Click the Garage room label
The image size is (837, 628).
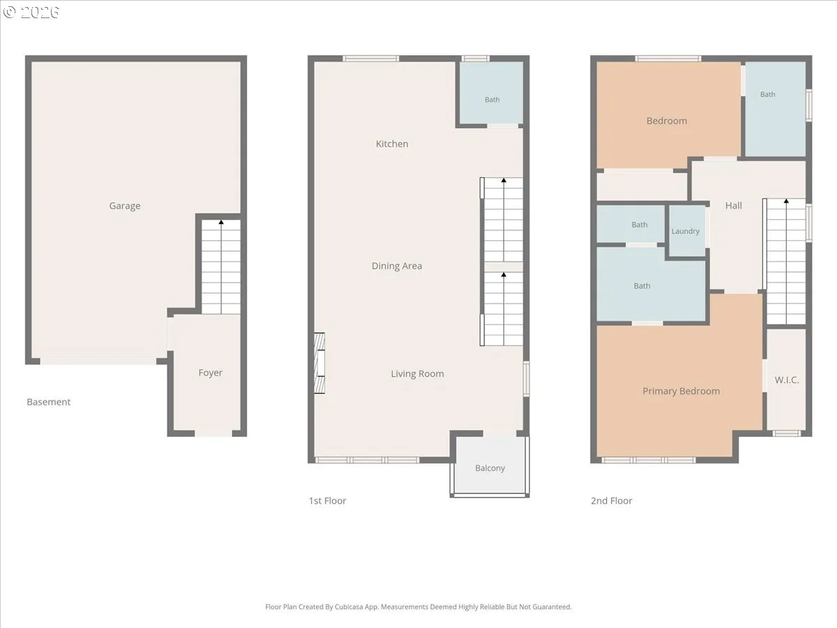[125, 206]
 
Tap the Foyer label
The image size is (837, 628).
[211, 373]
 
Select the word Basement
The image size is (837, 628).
[48, 402]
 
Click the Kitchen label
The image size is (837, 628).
[392, 144]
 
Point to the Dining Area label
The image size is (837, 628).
[397, 266]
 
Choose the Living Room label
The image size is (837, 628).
[417, 374]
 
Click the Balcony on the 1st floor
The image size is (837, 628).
[490, 468]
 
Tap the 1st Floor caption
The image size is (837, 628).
[328, 500]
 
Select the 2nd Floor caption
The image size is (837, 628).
[612, 500]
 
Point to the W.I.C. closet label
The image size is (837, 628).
[787, 380]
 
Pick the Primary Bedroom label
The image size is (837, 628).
[681, 391]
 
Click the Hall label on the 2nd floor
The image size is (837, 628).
[734, 206]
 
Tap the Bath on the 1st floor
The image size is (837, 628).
[491, 93]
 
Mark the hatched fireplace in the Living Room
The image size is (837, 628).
[319, 363]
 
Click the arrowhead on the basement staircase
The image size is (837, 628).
[221, 222]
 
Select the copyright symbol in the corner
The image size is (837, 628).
[9, 12]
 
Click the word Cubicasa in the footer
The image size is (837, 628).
[349, 606]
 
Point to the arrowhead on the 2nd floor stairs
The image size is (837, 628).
[786, 201]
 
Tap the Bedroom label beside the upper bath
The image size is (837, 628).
[667, 121]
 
